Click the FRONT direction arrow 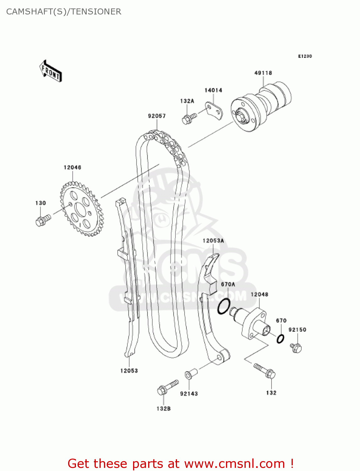[x=50, y=71]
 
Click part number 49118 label [x=263, y=73]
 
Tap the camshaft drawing [x=261, y=107]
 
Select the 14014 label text [x=213, y=90]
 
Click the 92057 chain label [x=157, y=116]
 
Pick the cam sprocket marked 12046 [x=82, y=209]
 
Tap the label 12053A [x=213, y=241]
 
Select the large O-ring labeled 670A [x=224, y=306]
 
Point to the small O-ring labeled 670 [x=280, y=339]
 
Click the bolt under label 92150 [x=296, y=348]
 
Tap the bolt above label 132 [x=265, y=371]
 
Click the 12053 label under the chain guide [x=129, y=371]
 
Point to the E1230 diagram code [x=305, y=56]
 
